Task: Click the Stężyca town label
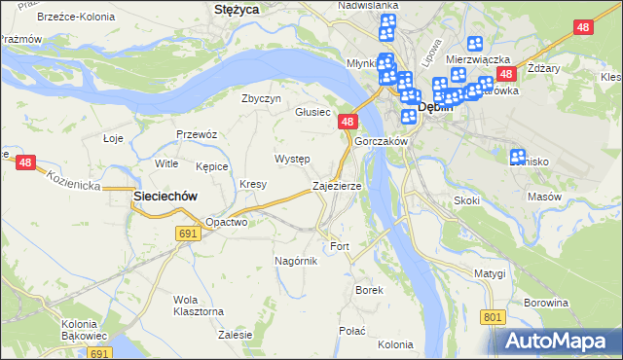tap(235, 10)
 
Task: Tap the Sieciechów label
tap(165, 196)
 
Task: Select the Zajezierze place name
tap(337, 185)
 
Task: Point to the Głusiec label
tap(312, 112)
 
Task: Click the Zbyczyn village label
tap(261, 98)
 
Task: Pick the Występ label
tap(292, 159)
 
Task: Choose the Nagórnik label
tap(297, 261)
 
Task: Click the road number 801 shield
tap(494, 317)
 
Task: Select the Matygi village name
tap(492, 273)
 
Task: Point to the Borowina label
tap(545, 303)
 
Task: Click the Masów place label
tap(544, 197)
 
